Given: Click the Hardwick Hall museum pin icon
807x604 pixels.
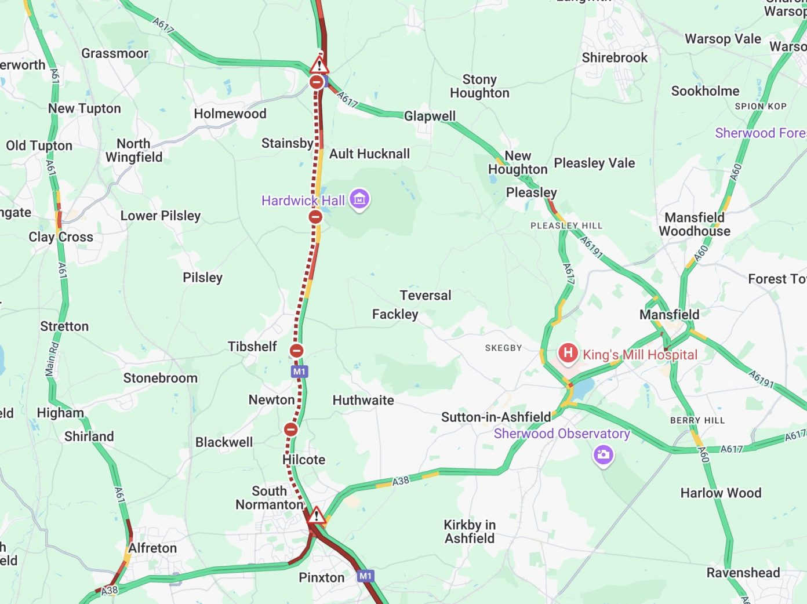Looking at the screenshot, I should (359, 199).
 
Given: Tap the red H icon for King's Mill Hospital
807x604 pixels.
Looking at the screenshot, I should (568, 352).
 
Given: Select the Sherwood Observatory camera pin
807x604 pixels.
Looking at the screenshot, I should (603, 454).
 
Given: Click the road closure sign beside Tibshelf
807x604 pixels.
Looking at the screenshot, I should (296, 351).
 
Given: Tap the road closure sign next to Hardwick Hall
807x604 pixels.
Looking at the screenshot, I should (315, 217).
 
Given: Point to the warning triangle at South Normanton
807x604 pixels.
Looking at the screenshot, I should (316, 515).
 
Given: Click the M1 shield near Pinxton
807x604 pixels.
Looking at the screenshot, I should (365, 576).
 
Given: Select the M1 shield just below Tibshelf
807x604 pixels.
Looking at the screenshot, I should (299, 371).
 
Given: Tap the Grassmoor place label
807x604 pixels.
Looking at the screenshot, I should (115, 53).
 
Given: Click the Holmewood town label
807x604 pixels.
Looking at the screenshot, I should (230, 114).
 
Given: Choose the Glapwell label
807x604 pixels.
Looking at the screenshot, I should (430, 116).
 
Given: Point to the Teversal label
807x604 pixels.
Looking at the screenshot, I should (425, 296).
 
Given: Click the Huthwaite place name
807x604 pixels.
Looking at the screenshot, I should (363, 401).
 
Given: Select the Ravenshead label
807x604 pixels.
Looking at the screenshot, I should (743, 573).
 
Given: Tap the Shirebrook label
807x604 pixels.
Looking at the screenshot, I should (615, 58).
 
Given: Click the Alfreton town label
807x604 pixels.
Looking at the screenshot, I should (152, 548).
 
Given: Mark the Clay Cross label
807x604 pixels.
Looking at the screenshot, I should (61, 237).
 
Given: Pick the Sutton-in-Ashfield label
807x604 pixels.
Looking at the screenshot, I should (496, 417).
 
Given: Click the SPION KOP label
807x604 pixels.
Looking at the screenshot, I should (761, 106).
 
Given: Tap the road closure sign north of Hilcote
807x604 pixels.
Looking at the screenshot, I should (291, 430).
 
